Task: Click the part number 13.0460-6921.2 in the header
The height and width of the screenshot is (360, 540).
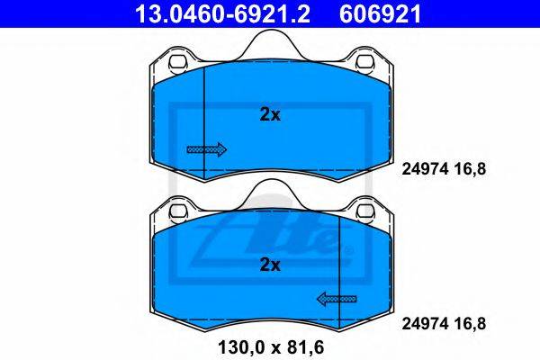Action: tap(223, 14)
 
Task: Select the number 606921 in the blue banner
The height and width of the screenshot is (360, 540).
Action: tap(381, 14)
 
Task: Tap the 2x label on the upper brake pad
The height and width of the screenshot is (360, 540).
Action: tap(270, 114)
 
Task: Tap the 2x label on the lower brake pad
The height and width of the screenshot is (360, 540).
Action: tap(270, 265)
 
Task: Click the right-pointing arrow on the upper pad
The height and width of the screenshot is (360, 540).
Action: tap(207, 149)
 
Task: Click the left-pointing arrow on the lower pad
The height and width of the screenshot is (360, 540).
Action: tap(337, 299)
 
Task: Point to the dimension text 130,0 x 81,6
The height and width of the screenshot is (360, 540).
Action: tap(271, 347)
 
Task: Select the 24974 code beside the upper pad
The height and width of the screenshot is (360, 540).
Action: tap(425, 169)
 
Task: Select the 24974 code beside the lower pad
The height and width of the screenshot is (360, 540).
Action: tap(425, 324)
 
